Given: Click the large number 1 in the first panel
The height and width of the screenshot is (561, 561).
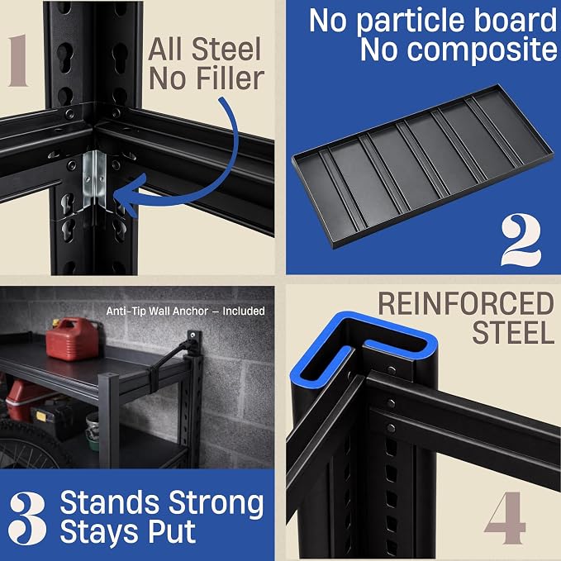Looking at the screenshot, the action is [x=19, y=60].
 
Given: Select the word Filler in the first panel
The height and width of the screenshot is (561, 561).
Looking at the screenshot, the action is [x=231, y=78].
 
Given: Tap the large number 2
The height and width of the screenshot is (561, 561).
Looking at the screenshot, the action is [x=521, y=240].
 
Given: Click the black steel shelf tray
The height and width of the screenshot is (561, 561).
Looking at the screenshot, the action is [x=422, y=165].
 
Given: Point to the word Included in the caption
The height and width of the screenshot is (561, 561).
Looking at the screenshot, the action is [x=244, y=311].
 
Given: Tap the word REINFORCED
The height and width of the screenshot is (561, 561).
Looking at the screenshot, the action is [x=466, y=303].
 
